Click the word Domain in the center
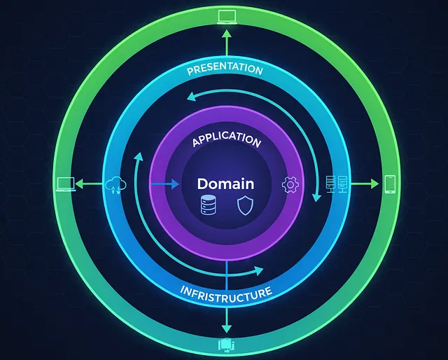[x=225, y=184]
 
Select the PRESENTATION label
[x=225, y=70]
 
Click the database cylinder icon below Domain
[x=208, y=205]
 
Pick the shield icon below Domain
[x=244, y=205]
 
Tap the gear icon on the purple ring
[x=289, y=185]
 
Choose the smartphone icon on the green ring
[x=390, y=184]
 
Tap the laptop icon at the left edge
[x=65, y=184]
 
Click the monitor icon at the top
[x=227, y=16]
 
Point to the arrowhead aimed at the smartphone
[x=374, y=184]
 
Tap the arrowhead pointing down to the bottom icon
[x=226, y=328]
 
